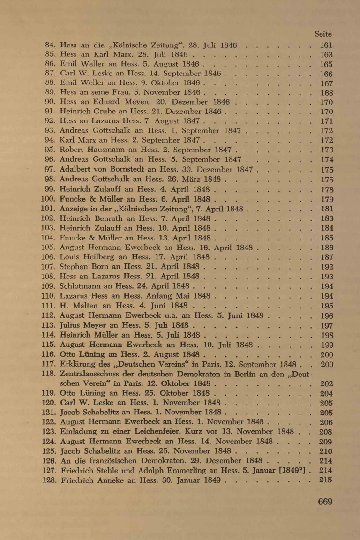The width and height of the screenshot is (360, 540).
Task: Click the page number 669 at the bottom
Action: [x=325, y=502]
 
